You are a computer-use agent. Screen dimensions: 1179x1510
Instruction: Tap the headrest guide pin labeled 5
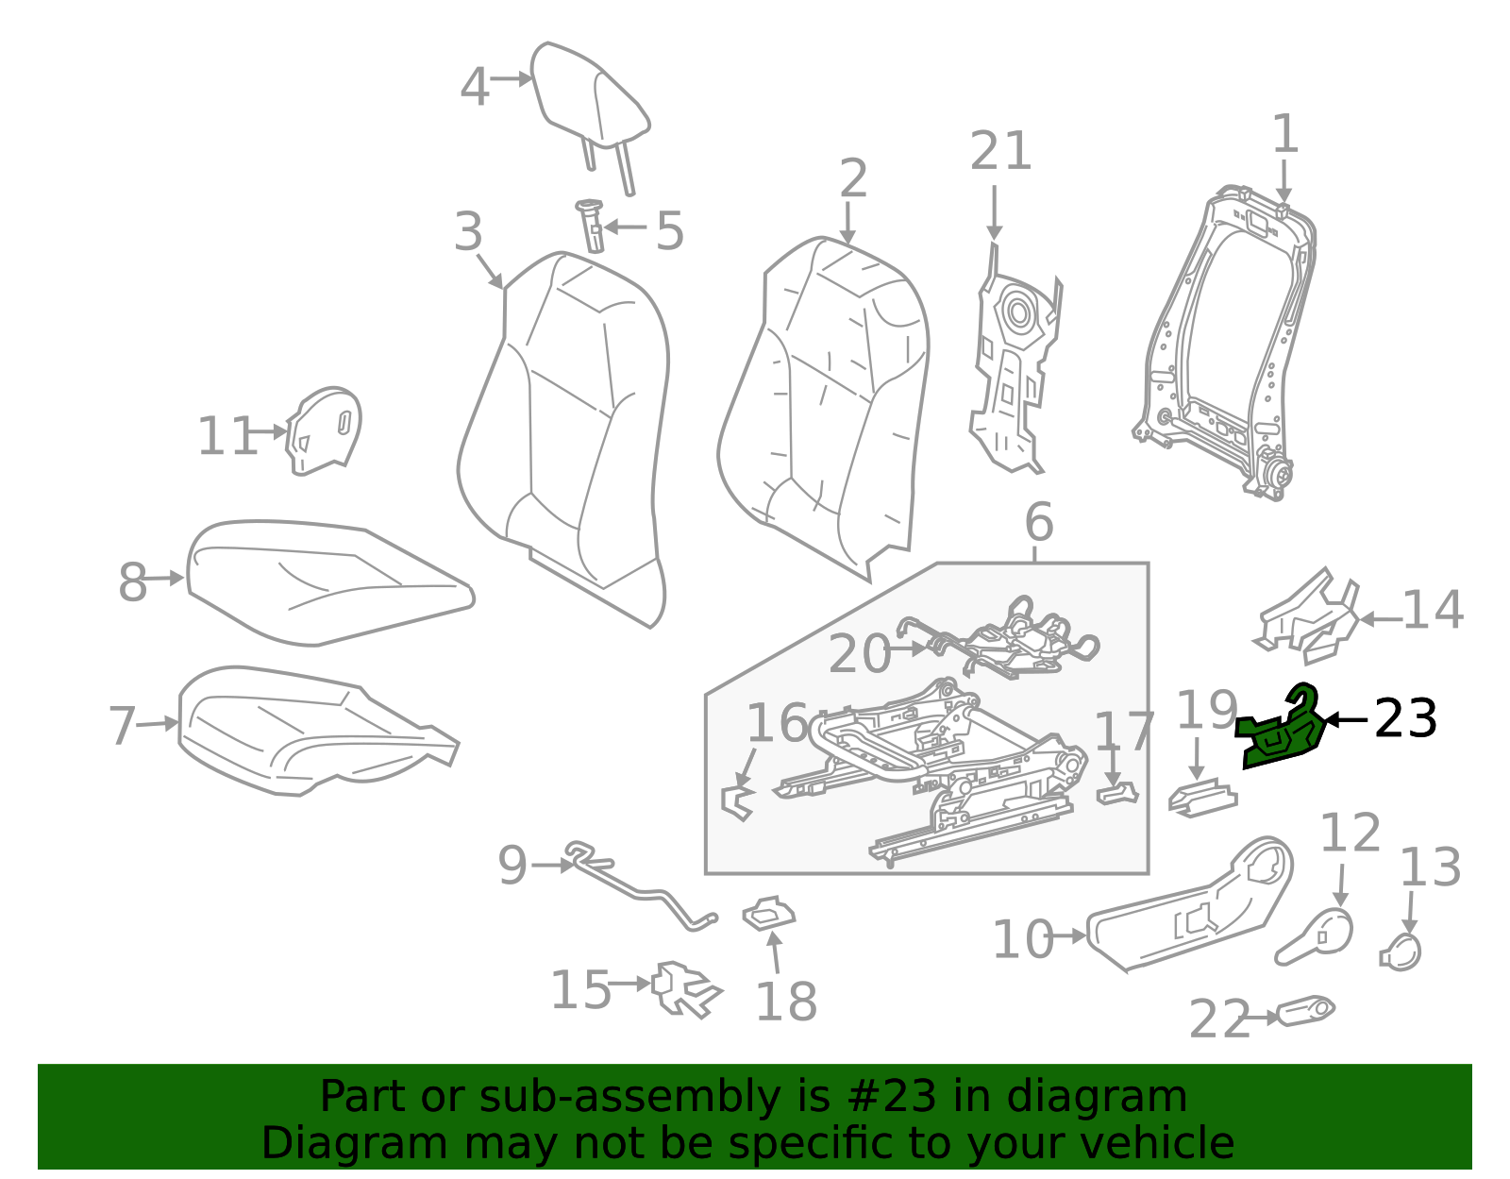coord(593,226)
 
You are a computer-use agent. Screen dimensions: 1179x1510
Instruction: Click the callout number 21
coord(1000,152)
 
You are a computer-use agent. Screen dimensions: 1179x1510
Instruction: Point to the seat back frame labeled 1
coord(1227,340)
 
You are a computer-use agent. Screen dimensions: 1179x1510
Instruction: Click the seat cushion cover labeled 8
coord(321,581)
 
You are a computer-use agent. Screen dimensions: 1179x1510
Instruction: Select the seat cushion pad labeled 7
coord(311,727)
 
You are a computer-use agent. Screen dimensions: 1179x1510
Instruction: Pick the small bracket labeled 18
coord(769,914)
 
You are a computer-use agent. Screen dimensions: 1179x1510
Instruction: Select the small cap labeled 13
coord(1402,952)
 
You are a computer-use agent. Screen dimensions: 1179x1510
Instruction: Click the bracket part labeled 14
coord(1307,614)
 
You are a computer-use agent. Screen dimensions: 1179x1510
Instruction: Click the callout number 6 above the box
coord(1038,522)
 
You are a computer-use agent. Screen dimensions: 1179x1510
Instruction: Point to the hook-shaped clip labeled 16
coord(737,800)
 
